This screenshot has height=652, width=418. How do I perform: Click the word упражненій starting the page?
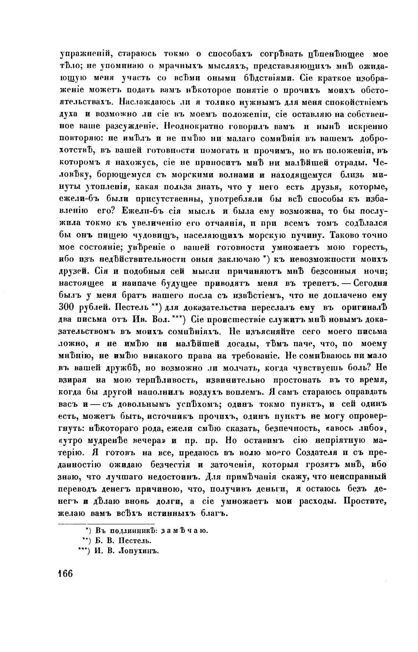click(x=83, y=54)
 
